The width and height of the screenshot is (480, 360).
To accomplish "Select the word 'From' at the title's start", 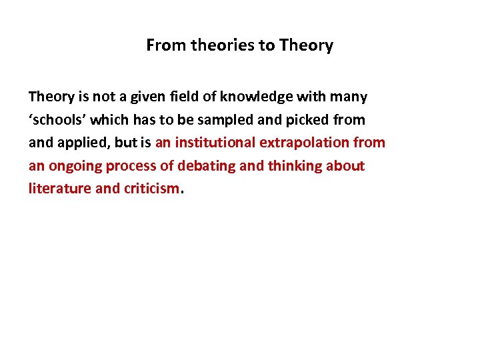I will coord(167,45).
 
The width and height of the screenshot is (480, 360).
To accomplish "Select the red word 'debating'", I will coord(208,165).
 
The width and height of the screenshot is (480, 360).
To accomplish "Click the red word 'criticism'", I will coord(151,189).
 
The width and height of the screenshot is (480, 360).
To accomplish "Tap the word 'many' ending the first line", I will coord(351,97).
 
